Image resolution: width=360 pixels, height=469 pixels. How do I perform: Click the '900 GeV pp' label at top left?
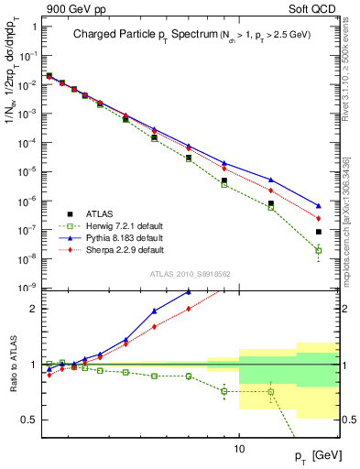click(x=72, y=7)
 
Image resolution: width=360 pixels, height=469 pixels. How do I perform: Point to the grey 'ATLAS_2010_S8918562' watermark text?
click(x=190, y=273)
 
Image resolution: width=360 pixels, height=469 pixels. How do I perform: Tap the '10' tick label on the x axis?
click(x=239, y=449)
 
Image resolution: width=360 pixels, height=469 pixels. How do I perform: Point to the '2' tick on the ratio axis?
click(x=34, y=309)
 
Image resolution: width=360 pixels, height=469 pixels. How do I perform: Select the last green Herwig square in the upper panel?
click(x=318, y=250)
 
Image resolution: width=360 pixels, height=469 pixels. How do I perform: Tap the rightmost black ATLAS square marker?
click(x=318, y=232)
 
